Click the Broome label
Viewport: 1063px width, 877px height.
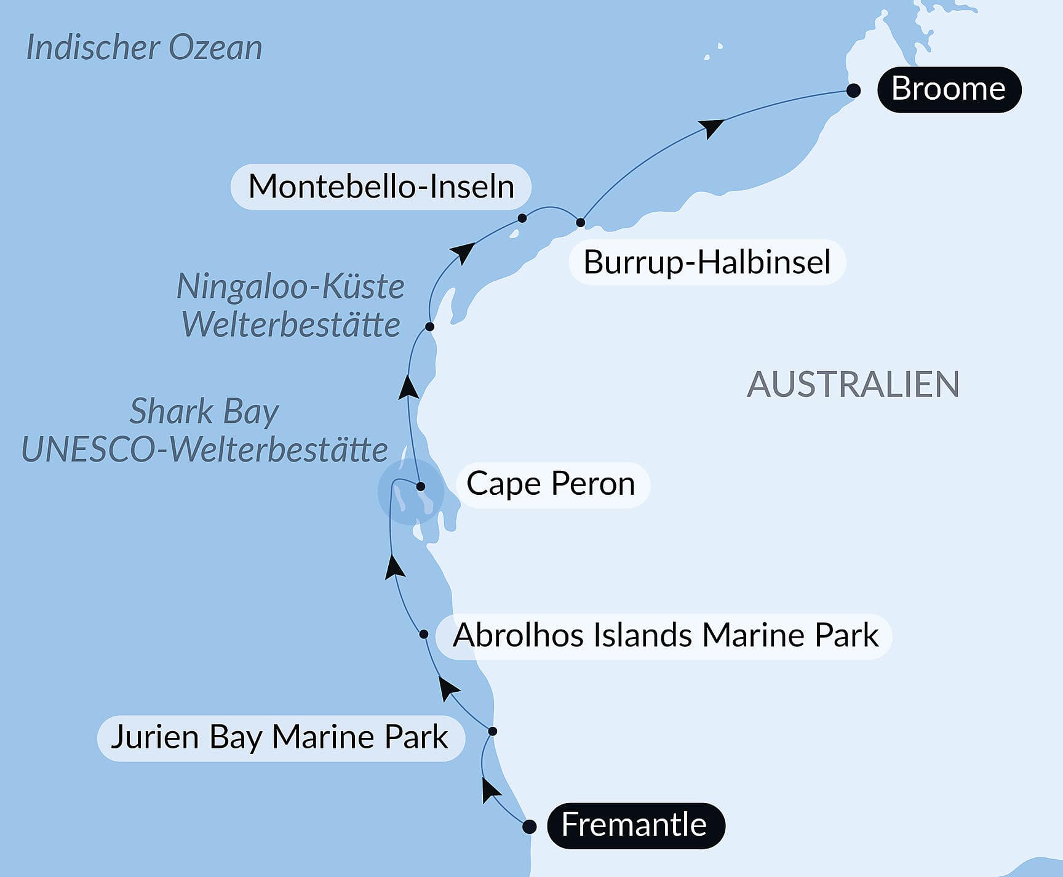(949, 89)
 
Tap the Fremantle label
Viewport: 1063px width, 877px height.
(635, 825)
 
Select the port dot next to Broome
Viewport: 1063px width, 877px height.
(853, 90)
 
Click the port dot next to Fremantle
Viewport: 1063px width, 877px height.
(529, 827)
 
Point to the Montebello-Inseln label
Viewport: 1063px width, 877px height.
(381, 186)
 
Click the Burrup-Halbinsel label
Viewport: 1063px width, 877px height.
(707, 262)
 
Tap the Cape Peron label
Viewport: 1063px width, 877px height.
(551, 484)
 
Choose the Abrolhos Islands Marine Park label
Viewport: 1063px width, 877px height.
(665, 636)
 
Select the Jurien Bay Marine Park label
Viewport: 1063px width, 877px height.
(280, 737)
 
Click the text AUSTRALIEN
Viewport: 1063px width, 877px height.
(853, 385)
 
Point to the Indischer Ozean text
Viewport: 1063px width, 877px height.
(145, 48)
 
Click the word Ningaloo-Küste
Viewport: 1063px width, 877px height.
(290, 286)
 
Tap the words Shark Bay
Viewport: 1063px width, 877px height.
(204, 411)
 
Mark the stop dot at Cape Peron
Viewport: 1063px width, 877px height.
(421, 486)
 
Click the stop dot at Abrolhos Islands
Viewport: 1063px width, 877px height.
(424, 634)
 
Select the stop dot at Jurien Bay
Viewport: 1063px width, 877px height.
(492, 731)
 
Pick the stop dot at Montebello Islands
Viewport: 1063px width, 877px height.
(522, 218)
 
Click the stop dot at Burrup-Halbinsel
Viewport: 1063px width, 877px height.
(580, 222)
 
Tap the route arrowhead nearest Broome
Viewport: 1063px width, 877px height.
(712, 127)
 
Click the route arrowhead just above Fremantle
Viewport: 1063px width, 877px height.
(490, 790)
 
